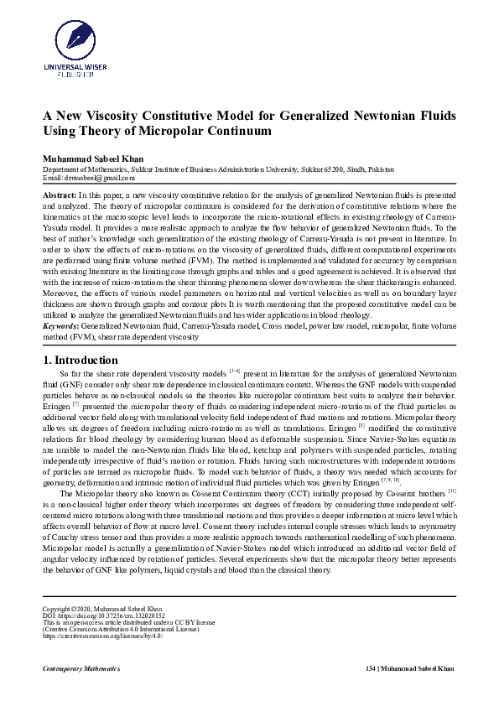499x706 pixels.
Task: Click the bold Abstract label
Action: pyautogui.click(x=60, y=194)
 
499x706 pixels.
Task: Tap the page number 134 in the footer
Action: pyautogui.click(x=372, y=668)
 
